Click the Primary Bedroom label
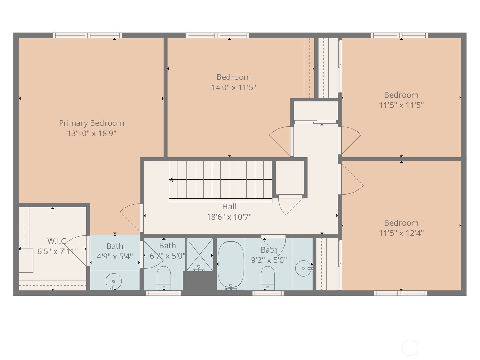[91, 123]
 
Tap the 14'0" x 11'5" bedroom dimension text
[233, 88]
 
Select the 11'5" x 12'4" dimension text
[401, 233]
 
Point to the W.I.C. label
[58, 241]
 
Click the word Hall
[229, 207]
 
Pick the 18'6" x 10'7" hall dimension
[229, 217]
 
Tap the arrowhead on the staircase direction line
[171, 180]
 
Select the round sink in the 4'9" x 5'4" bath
[114, 281]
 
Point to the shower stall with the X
[199, 255]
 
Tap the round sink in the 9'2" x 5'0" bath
[303, 268]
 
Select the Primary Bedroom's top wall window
[88, 35]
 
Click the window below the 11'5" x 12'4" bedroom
[400, 293]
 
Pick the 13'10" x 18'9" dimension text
[91, 133]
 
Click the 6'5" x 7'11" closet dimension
[58, 252]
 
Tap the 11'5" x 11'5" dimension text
[401, 105]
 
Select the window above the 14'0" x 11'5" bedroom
[217, 35]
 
